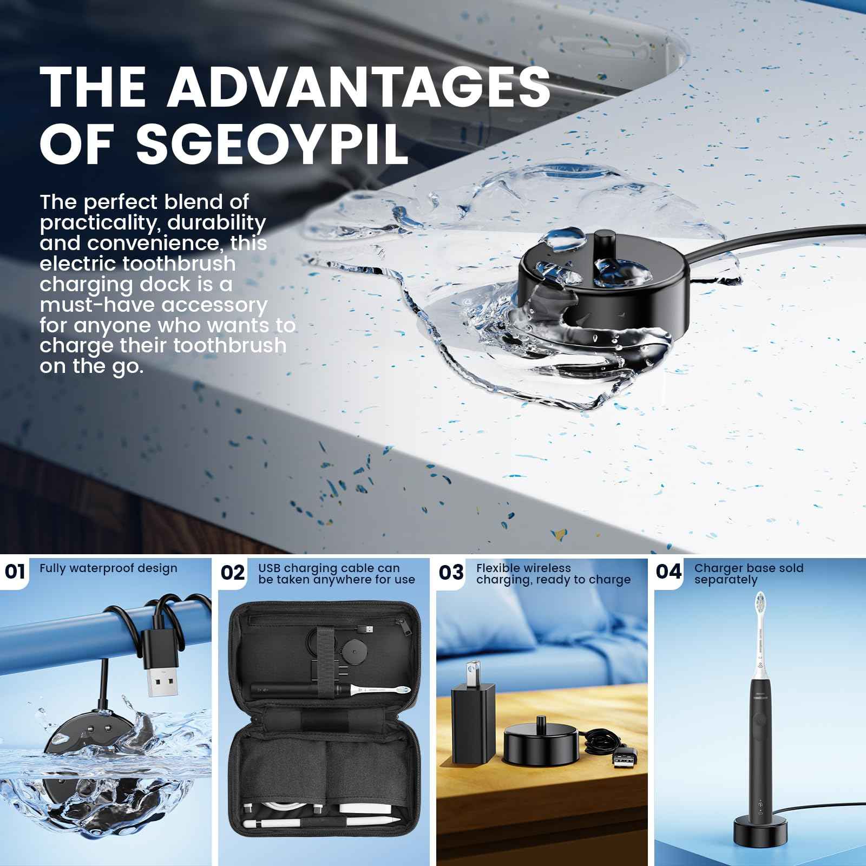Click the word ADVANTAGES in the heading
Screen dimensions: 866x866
coord(358,87)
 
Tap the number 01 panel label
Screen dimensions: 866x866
coord(15,572)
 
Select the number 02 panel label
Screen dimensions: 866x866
coord(233,572)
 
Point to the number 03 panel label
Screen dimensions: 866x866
coord(451,572)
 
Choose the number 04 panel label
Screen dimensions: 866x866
coord(669,572)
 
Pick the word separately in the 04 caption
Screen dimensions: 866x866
coord(726,580)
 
